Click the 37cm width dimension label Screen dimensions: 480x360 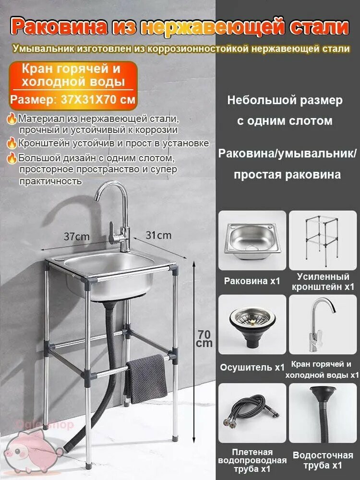pos(76,236)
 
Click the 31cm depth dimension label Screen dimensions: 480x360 pos(158,235)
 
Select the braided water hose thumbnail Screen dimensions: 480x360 pos(252,412)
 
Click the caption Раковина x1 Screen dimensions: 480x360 pos(252,281)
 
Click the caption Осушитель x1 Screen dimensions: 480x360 pos(252,368)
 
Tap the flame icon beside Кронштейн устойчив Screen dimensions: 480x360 pos(12,143)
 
